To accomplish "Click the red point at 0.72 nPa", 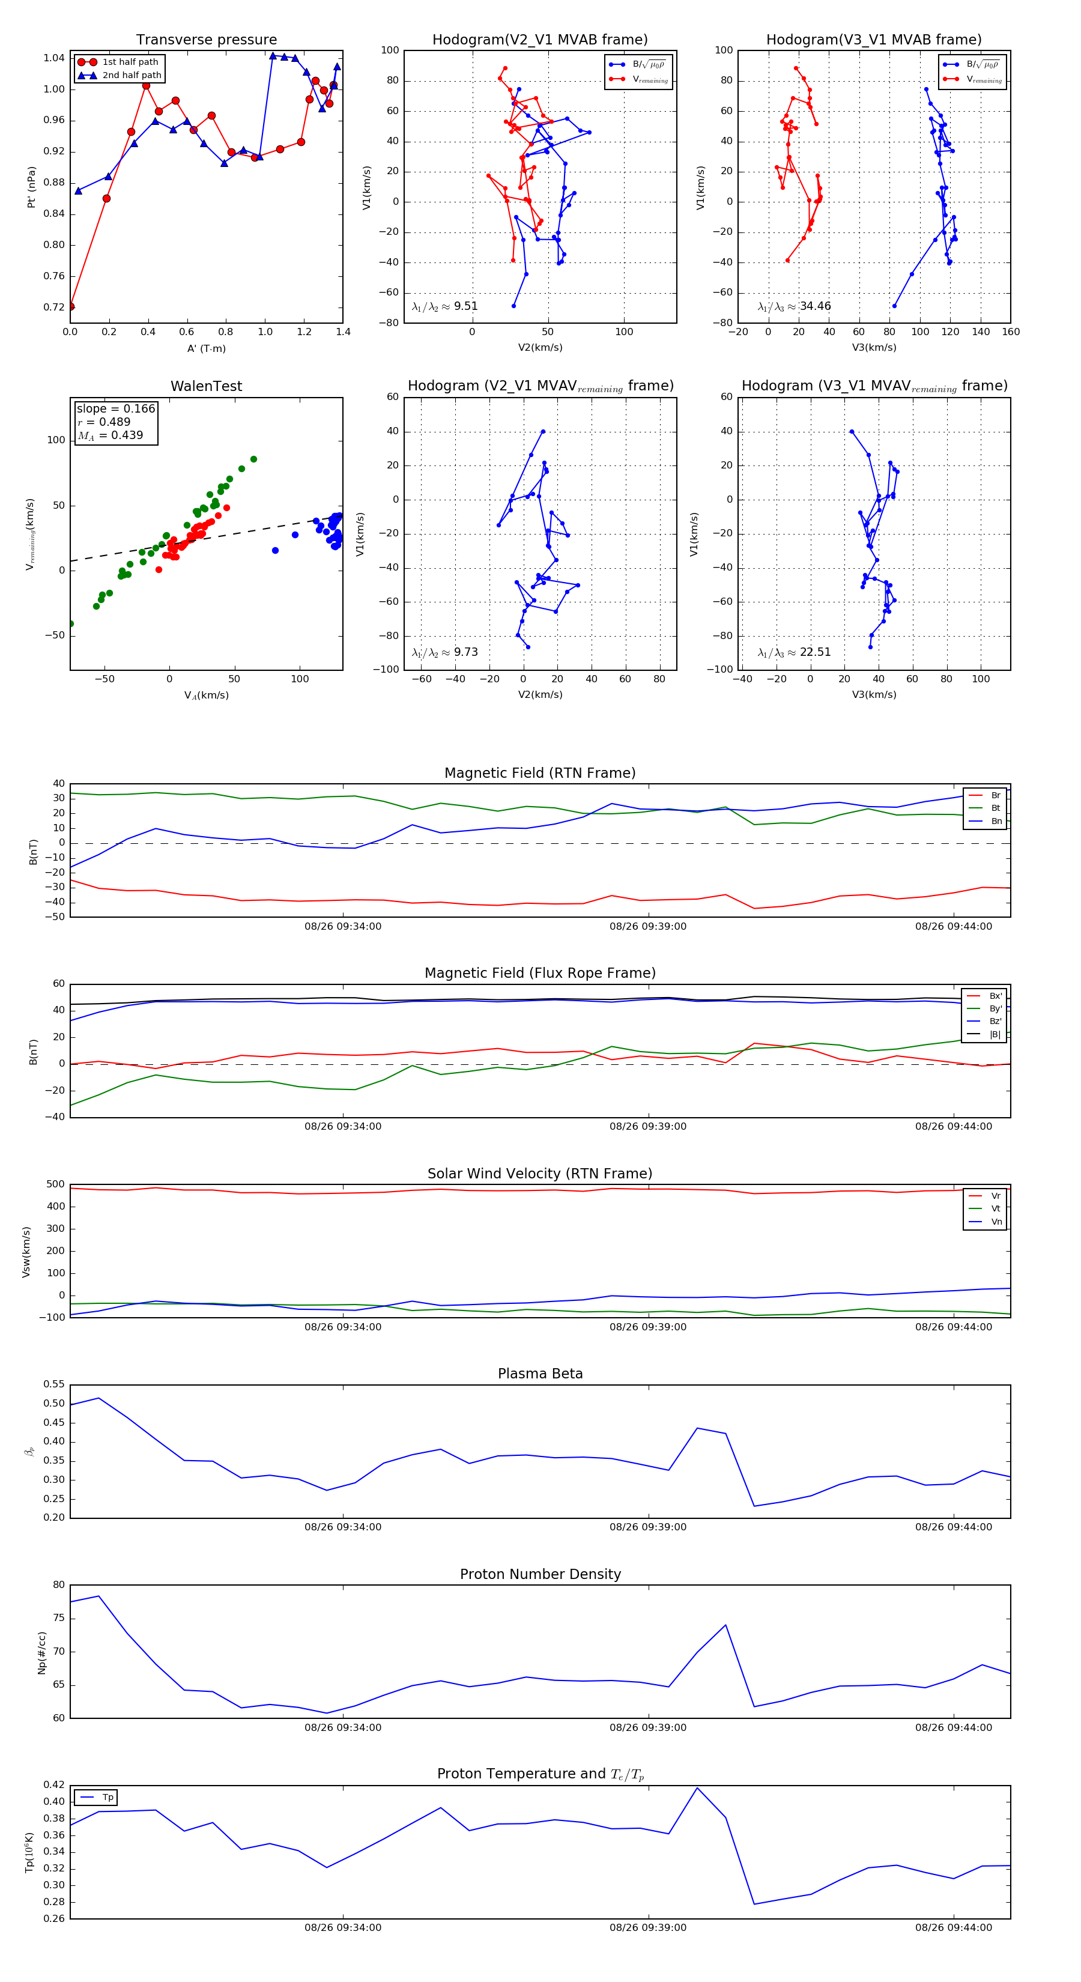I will (71, 306).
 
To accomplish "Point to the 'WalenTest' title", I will (206, 386).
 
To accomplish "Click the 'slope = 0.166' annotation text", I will (115, 408).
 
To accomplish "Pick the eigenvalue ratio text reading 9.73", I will (465, 652).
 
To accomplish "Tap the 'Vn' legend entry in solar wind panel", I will (996, 1222).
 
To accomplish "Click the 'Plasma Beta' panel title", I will (540, 1374).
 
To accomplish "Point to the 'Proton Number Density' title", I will (540, 1574).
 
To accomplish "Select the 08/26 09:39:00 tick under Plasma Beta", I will (648, 1527).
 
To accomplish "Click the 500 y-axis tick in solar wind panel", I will (55, 1184).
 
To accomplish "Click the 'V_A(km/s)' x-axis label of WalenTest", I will (206, 696).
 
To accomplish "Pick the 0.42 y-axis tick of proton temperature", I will (54, 1785).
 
